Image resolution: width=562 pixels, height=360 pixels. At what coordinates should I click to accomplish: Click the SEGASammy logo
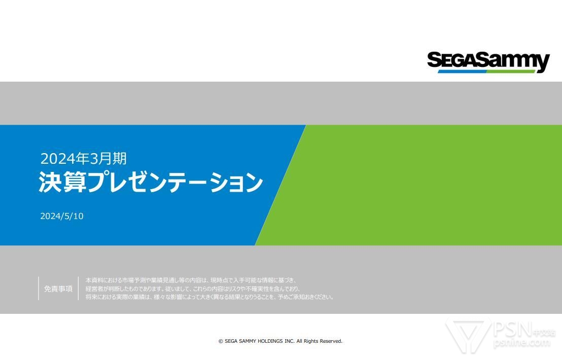pos(488,62)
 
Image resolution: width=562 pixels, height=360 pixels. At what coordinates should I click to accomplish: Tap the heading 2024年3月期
pos(83,159)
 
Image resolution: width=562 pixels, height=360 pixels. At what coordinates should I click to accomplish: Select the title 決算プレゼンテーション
pos(151,182)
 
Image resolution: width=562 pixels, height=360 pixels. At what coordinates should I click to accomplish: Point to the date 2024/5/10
pos(62,216)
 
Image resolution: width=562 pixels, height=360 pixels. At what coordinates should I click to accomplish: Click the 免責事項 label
pos(58,289)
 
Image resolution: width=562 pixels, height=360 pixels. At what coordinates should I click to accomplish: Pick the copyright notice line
pos(280,341)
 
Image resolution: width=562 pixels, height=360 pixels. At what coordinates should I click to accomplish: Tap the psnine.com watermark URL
pos(521,342)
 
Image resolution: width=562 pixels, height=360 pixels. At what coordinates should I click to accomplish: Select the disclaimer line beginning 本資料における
pos(191,280)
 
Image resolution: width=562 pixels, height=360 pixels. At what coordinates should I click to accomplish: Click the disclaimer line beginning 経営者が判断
pos(193,289)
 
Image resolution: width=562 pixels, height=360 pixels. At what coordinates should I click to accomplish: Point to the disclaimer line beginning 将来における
pos(209,297)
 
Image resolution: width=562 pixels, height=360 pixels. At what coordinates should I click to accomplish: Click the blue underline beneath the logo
pos(463,71)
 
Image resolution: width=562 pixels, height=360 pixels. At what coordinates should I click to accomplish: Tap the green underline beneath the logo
pos(511,71)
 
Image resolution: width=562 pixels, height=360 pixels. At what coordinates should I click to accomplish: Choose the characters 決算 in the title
pos(62,182)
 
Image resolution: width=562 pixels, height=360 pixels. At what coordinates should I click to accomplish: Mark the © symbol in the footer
pos(221,341)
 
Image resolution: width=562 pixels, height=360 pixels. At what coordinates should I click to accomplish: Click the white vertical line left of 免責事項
pos(39,289)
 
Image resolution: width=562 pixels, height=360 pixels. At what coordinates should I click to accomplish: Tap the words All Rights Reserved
pos(320,341)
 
